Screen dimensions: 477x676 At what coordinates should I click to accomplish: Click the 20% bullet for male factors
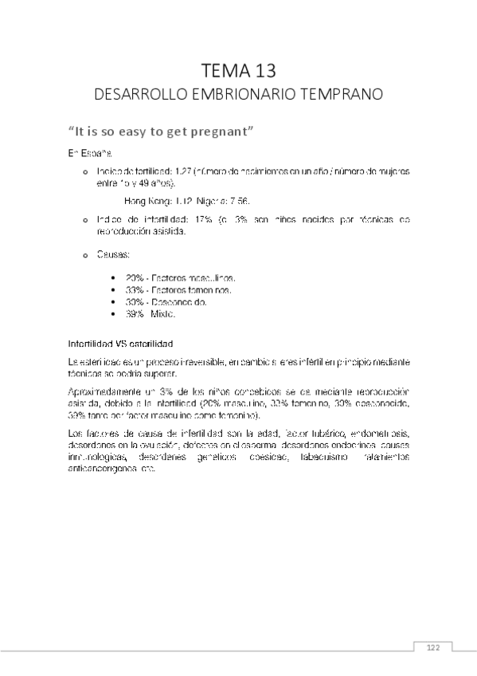tap(133, 277)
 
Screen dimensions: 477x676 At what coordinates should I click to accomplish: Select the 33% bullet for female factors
tap(133, 290)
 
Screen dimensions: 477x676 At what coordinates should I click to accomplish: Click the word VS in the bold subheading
tap(127, 344)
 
